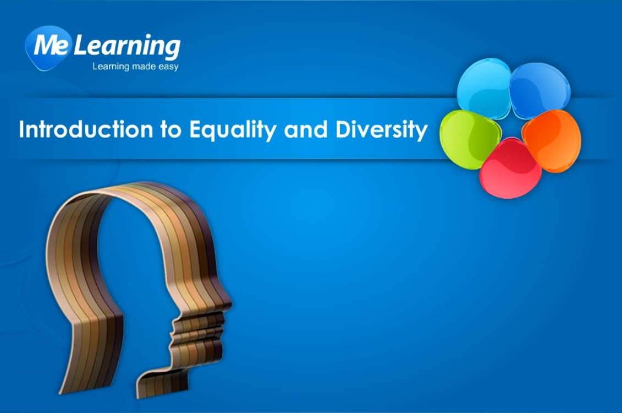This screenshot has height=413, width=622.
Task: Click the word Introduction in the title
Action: coord(86,129)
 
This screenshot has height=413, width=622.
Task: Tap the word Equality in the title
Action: coord(233,131)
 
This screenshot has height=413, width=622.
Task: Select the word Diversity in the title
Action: coord(382,131)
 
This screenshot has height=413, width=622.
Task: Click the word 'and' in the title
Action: coord(306,130)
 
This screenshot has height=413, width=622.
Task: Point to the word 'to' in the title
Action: coord(171,131)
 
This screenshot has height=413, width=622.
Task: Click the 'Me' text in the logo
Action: coord(51,45)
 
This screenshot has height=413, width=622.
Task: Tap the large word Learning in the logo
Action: coord(127,47)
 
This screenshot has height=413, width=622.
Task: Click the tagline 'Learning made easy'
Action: coord(135,66)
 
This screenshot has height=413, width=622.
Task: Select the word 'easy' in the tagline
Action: coord(168,67)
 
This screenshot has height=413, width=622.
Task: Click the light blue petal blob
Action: coord(484,88)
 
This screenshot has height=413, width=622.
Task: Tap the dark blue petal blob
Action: coord(540,90)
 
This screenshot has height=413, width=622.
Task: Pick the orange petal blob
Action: coord(552,140)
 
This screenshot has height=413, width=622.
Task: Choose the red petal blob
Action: coord(510,169)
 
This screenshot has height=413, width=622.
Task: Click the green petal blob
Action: coord(470,139)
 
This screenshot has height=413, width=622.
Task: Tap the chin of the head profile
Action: coord(214,354)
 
